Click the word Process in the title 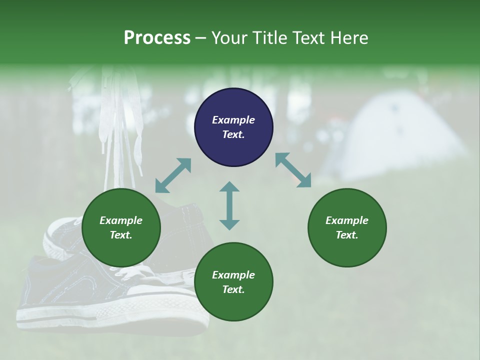tap(157, 38)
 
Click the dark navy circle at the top tap(233, 127)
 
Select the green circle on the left tap(121, 228)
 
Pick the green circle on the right tap(347, 228)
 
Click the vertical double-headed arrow tap(229, 205)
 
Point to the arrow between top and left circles tap(173, 175)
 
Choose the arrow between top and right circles tap(293, 170)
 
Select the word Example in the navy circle tap(233, 120)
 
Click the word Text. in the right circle tap(347, 235)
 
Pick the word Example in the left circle tap(121, 220)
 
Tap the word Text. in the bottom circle tap(233, 289)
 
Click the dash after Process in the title tap(200, 38)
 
